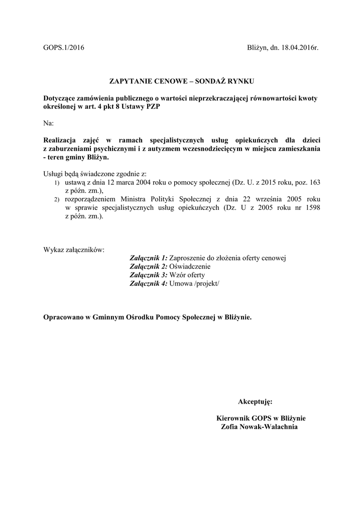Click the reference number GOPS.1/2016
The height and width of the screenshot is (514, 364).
coord(64,48)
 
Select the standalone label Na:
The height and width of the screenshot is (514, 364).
coord(49,122)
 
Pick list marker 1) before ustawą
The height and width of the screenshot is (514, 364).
coord(57,183)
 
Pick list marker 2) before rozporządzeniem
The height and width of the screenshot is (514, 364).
coord(57,199)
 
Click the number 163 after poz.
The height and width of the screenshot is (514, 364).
coord(313,182)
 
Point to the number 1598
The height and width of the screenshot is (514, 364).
coord(311,207)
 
